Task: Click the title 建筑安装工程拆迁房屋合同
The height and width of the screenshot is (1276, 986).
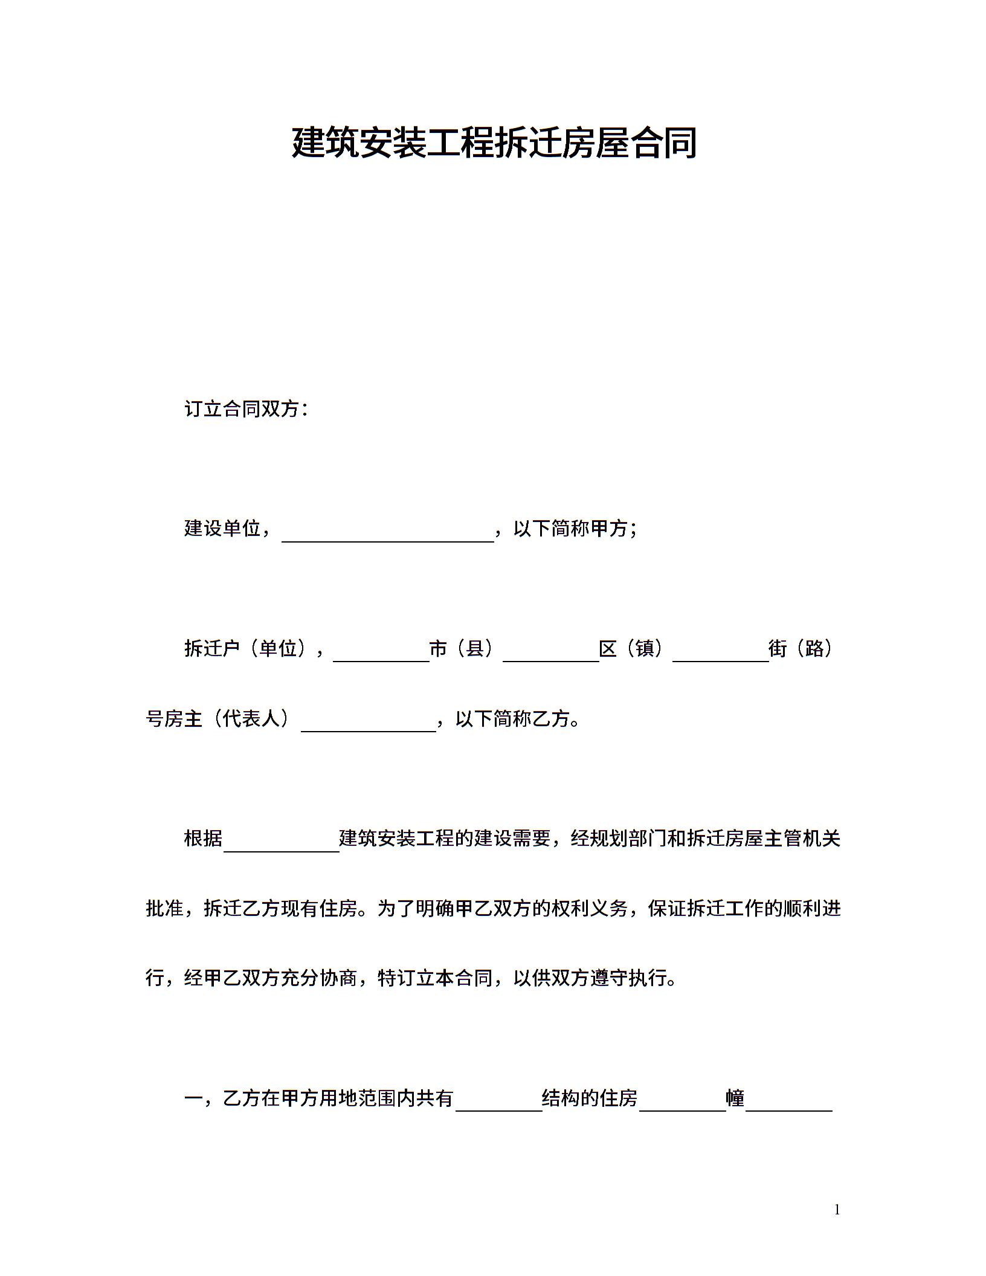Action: [x=494, y=143]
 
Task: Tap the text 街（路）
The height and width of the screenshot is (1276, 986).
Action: [x=801, y=649]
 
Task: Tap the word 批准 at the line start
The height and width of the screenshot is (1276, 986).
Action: [x=165, y=908]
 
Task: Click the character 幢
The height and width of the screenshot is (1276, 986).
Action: [x=735, y=1098]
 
